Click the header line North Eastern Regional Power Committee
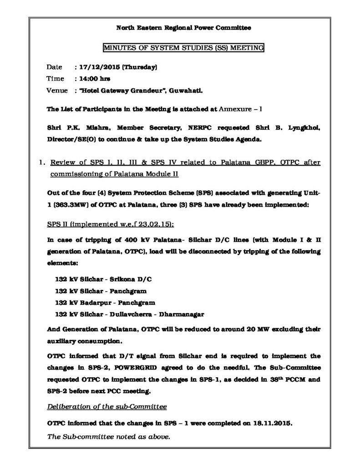[x=183, y=28]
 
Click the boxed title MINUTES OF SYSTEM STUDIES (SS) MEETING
[x=183, y=47]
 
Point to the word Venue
[x=57, y=90]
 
